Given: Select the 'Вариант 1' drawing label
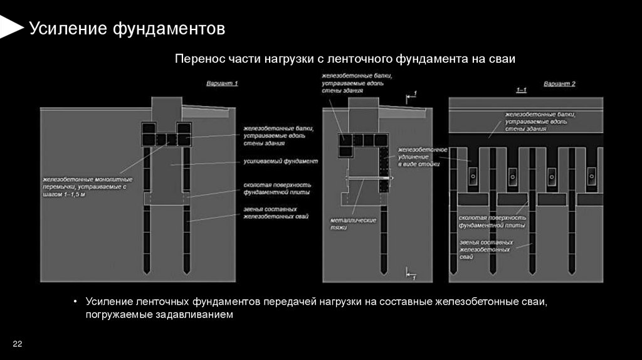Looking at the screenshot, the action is (x=223, y=83).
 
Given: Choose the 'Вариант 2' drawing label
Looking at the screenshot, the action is (x=559, y=83).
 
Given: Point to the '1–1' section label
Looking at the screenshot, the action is (x=520, y=92).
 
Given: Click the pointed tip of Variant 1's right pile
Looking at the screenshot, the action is (x=186, y=270).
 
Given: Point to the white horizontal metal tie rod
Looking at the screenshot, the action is (x=370, y=179).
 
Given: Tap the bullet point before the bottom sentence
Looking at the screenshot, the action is (x=75, y=302).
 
